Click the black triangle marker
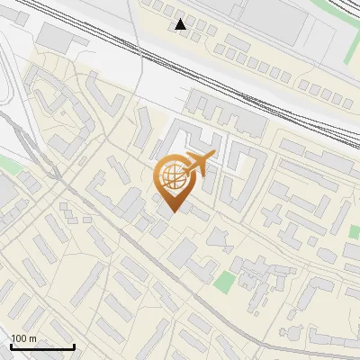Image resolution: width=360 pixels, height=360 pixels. (182, 24)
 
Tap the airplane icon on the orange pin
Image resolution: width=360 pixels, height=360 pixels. (198, 164)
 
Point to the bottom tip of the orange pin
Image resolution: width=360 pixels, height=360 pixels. (174, 211)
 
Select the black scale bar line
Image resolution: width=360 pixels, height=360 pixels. (41, 346)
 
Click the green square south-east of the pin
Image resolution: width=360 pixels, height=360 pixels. (223, 281)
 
